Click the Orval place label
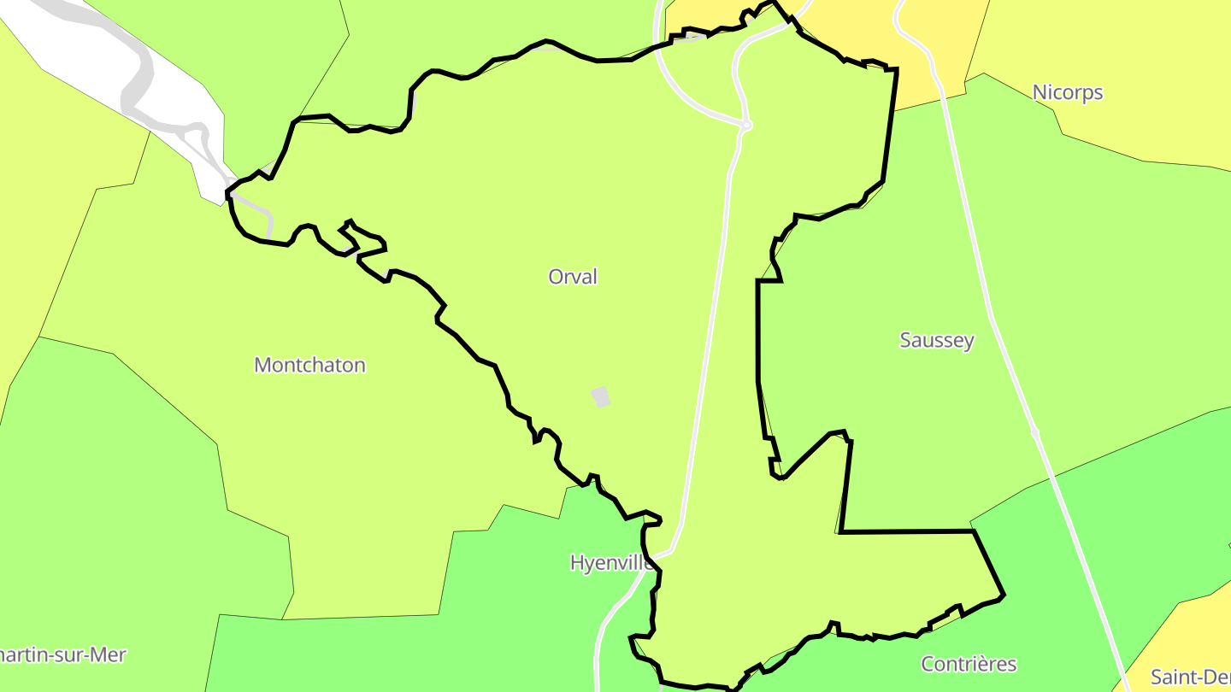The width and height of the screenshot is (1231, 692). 573,277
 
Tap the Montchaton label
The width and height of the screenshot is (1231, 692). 309,365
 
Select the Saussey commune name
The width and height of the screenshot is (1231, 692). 937,340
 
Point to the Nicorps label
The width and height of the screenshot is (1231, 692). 1068,92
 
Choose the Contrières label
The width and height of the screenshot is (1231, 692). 969,664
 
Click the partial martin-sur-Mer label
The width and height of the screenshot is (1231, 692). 63,655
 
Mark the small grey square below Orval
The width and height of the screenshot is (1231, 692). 601,396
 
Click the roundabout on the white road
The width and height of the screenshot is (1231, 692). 747,126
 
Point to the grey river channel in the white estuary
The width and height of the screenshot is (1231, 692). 137,85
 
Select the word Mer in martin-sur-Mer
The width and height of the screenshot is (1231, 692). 109,655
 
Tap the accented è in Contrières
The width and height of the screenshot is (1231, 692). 986,664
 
